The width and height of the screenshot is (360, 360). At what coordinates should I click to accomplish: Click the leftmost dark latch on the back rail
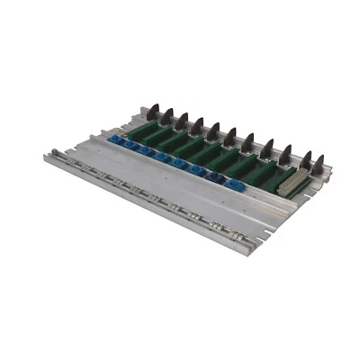(x=153, y=112)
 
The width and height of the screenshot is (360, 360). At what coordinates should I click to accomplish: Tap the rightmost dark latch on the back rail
(x=318, y=164)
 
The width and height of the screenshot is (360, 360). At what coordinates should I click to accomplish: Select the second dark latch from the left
(x=167, y=116)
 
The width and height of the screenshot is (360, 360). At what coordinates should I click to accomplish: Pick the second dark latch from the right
(x=303, y=159)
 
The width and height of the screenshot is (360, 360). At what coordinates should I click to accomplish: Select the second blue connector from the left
(x=130, y=145)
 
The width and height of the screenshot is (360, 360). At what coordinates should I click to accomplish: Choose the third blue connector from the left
(x=147, y=151)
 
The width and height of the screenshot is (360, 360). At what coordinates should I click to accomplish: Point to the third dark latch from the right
(x=285, y=153)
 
